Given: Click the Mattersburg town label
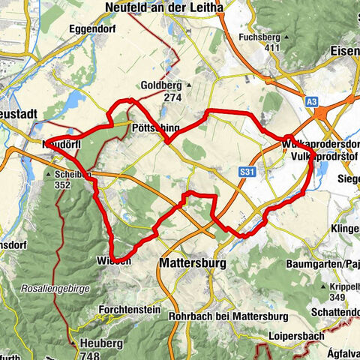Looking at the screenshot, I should click(196, 263).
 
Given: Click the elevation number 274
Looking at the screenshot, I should click(173, 97).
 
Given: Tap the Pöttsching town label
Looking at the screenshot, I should click(152, 128).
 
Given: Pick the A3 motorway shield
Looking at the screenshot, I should click(312, 100).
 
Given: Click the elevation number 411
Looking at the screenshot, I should click(271, 48).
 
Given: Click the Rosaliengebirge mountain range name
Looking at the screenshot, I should click(50, 289).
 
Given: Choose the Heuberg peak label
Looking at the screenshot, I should click(101, 342).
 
